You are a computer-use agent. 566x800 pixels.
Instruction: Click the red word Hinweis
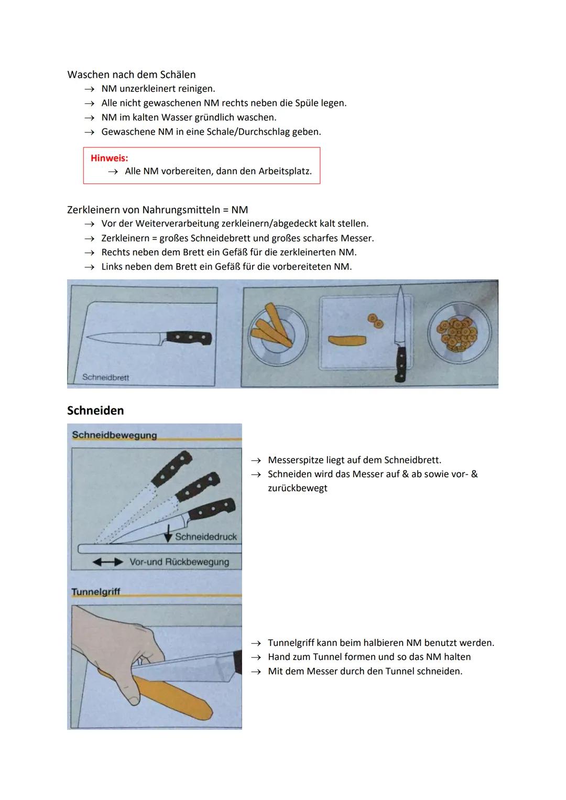click(109, 158)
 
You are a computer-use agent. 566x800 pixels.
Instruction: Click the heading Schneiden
click(95, 410)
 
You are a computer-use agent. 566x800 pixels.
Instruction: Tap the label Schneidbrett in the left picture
click(105, 377)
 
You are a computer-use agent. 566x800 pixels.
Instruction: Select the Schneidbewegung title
click(114, 435)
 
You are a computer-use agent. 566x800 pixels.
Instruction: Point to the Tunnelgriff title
click(95, 592)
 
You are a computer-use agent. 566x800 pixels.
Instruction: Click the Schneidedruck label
click(205, 537)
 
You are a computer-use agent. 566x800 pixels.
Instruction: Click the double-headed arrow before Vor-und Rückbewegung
click(108, 562)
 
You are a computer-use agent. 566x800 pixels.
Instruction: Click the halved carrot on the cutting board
click(347, 341)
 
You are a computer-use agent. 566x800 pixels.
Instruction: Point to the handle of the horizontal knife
click(189, 338)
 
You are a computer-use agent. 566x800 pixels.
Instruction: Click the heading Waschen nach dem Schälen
click(131, 74)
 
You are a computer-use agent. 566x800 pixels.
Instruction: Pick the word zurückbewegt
click(297, 488)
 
